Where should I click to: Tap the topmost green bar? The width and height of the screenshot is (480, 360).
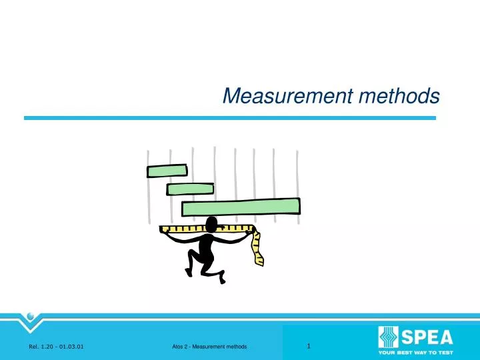coord(166,171)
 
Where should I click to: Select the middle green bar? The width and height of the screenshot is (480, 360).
coord(189,189)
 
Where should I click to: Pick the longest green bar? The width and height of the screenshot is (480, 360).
coord(241,207)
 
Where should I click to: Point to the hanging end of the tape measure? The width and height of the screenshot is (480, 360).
coord(257,250)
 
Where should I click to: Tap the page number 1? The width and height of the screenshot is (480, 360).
coord(309,345)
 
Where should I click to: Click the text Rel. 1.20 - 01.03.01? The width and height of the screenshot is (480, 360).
coord(56,347)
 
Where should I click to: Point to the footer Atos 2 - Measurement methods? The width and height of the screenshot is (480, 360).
coord(209,347)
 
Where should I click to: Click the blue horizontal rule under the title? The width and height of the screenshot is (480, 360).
coord(230,118)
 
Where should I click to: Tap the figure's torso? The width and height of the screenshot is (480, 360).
coord(207,246)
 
